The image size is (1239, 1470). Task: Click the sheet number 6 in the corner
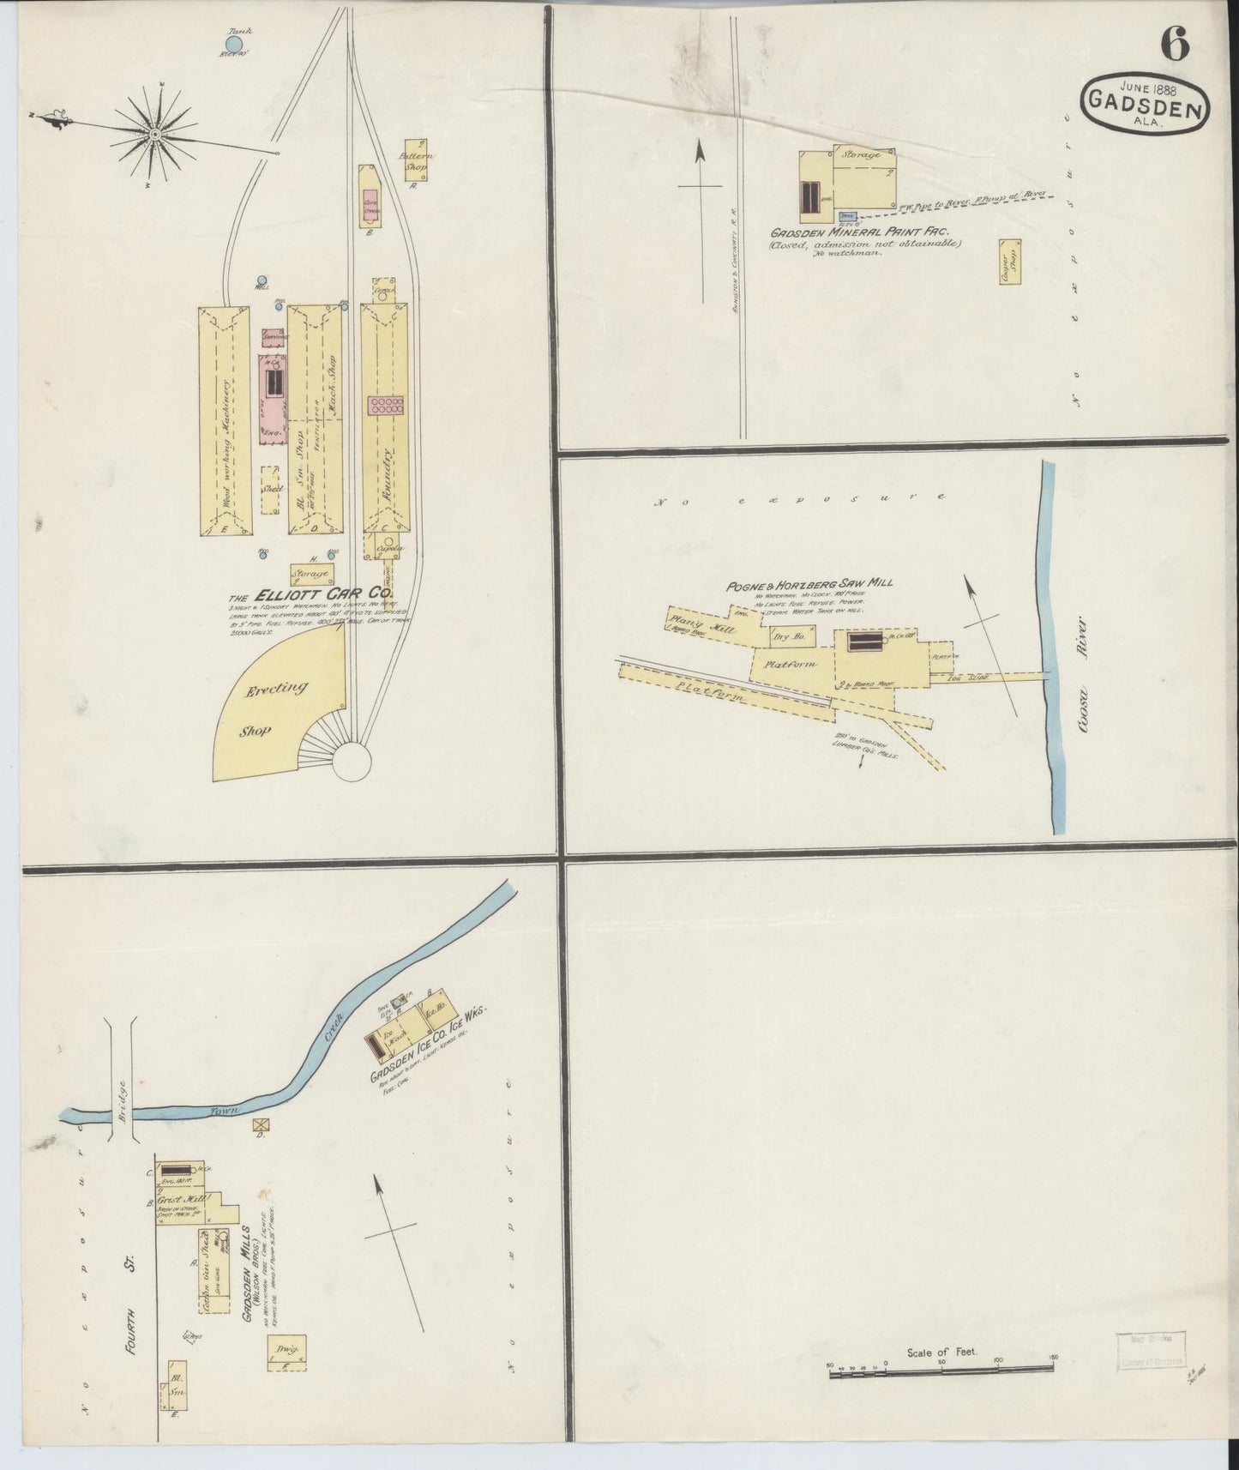1176,45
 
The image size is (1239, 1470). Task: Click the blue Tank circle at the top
234,43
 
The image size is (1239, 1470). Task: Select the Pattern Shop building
418,158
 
